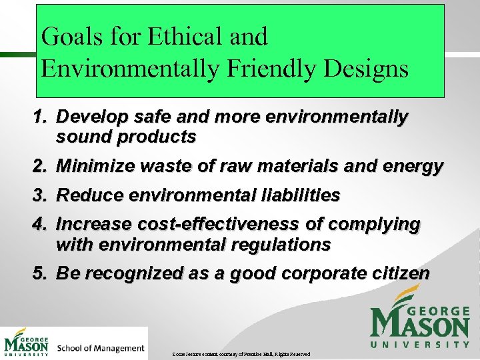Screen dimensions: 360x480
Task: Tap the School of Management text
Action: [x=101, y=348]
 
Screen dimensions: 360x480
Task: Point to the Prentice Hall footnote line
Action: [x=240, y=353]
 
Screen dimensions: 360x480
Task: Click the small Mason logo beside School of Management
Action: [x=26, y=343]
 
